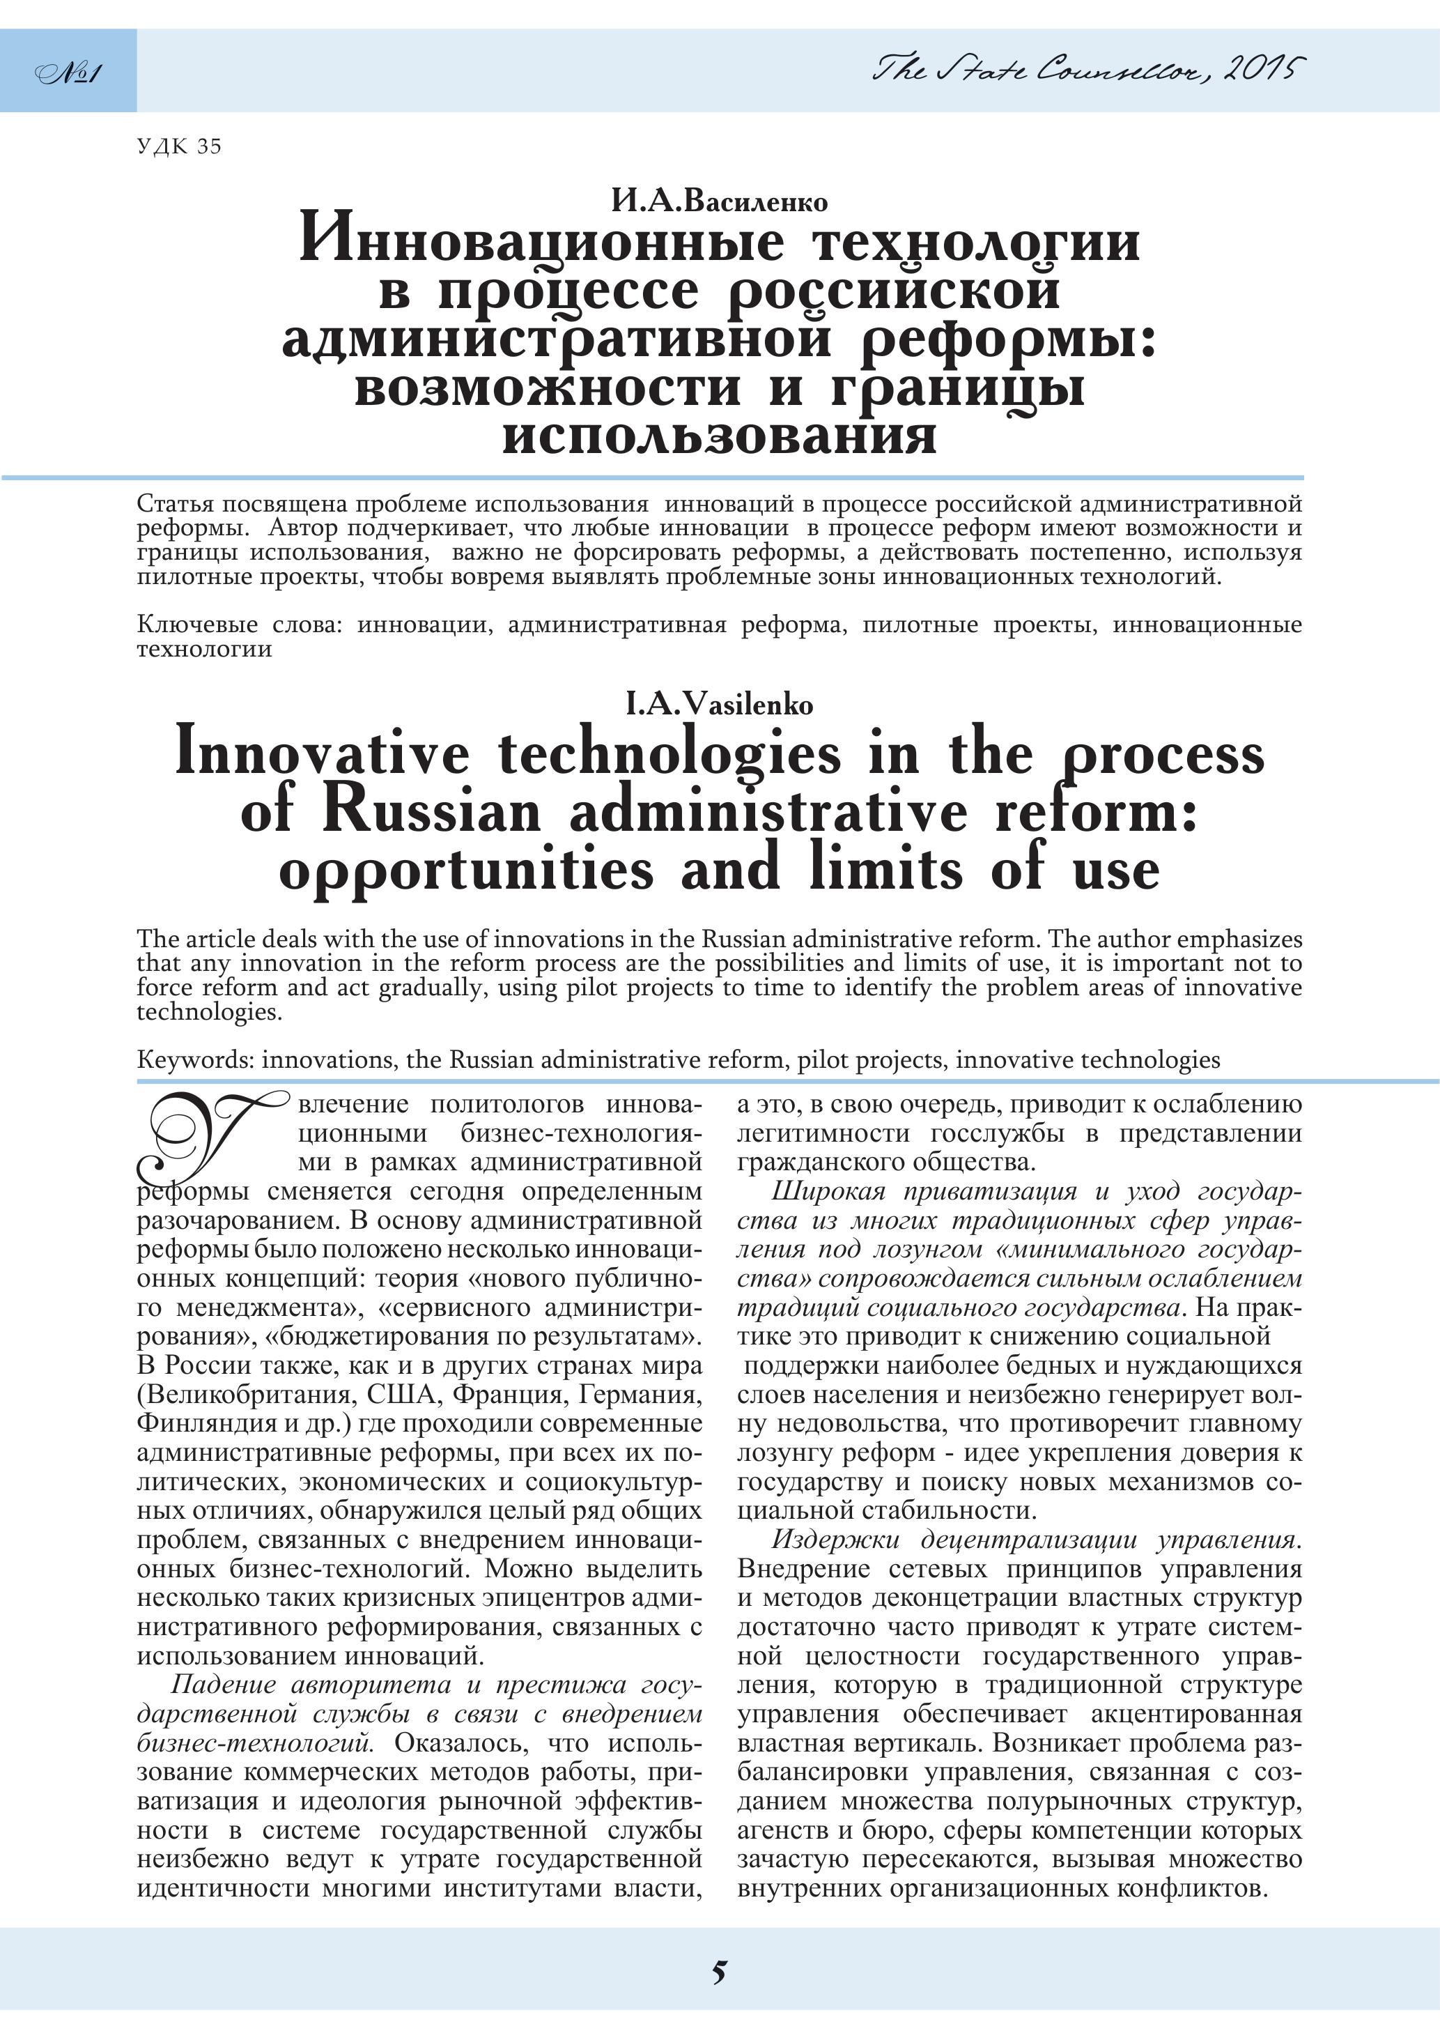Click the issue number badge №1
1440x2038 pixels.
(68, 71)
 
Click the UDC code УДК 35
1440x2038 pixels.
(179, 146)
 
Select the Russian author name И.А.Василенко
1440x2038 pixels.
(719, 202)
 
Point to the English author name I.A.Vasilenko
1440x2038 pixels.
(719, 705)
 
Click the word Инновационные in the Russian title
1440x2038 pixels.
(542, 241)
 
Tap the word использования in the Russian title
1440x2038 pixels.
(719, 436)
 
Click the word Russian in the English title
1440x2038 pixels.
(431, 811)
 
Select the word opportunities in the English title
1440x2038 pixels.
(466, 870)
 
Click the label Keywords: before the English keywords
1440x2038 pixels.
(195, 1060)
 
